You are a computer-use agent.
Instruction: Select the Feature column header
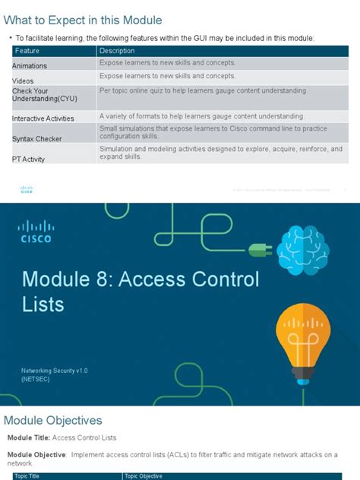coord(27,51)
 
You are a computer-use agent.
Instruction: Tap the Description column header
coord(117,51)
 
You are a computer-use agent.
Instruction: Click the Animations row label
coord(30,66)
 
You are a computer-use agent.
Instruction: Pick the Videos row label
coord(23,81)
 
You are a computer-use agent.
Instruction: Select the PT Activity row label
coord(29,159)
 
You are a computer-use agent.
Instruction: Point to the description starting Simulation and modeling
coord(220,153)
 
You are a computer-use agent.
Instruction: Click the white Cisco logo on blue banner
coord(36,229)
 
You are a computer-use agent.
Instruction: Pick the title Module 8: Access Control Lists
coord(141,292)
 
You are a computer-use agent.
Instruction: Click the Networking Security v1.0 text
coord(55,370)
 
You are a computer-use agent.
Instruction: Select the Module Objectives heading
coord(53,420)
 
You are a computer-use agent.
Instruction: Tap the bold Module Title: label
coord(28,438)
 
